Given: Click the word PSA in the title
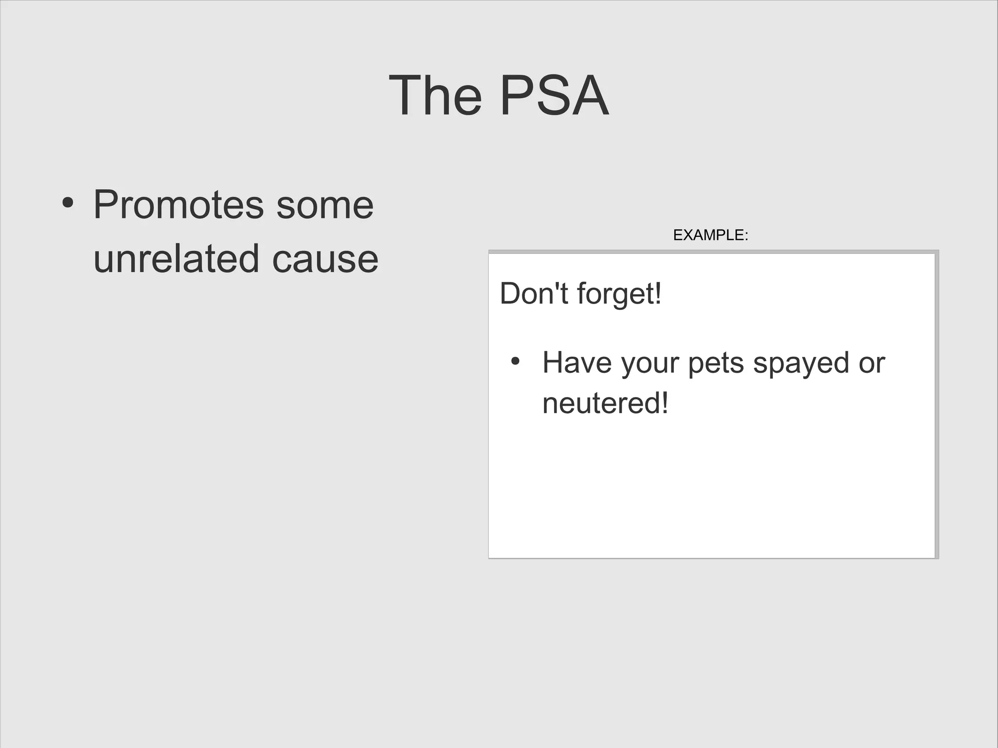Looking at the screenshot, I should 554,96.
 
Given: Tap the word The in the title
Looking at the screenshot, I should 435,96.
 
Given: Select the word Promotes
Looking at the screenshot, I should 178,205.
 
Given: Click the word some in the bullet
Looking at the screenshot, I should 325,205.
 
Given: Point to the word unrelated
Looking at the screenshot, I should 176,258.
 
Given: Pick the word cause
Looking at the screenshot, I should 325,258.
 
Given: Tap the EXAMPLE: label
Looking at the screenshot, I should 710,235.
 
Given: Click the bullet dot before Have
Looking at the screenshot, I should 515,362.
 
